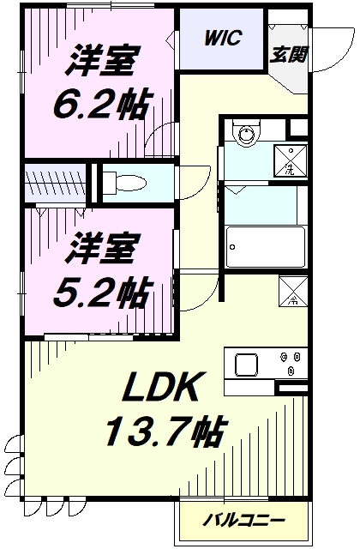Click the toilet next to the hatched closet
[125, 181]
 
